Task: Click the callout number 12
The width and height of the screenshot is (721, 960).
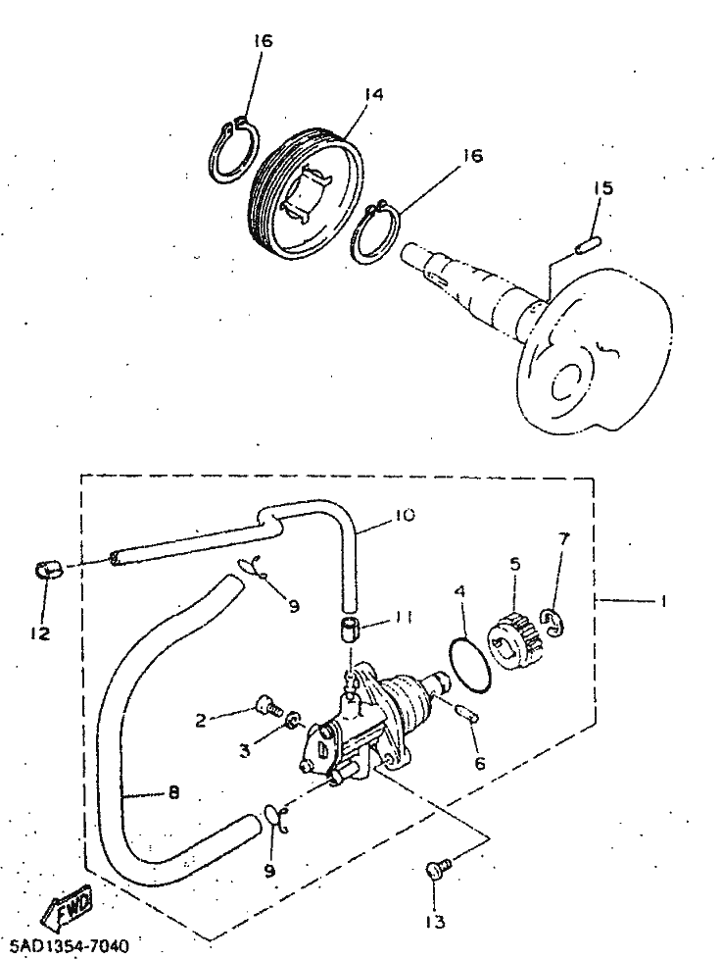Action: coord(39,633)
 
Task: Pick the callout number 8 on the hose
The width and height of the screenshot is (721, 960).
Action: coord(172,793)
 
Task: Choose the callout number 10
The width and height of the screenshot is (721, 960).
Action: coord(378,514)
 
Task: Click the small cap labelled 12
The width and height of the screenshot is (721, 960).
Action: coord(47,569)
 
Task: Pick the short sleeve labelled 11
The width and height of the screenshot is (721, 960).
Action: coord(352,627)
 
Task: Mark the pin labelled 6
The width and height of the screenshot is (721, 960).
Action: coord(465,713)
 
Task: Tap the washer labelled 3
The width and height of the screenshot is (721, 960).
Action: coord(291,725)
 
